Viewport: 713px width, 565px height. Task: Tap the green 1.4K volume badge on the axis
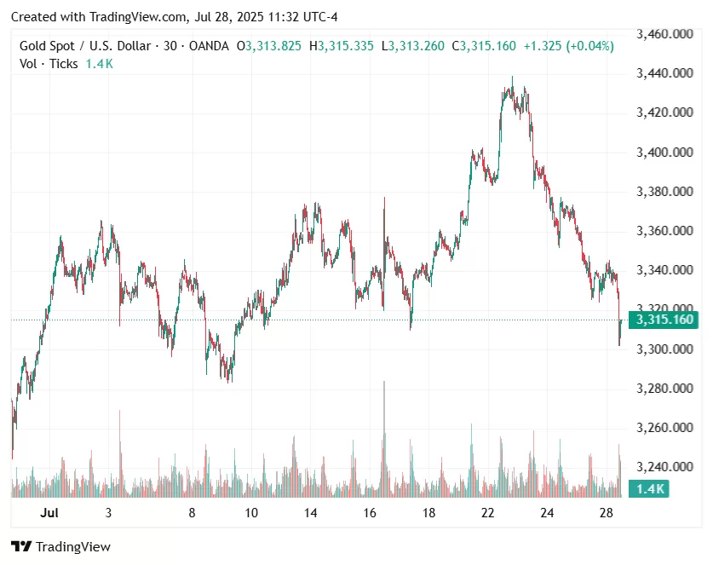pyautogui.click(x=648, y=488)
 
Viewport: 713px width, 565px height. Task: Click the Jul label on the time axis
pyautogui.click(x=49, y=513)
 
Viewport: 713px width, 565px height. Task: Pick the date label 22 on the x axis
pyautogui.click(x=487, y=513)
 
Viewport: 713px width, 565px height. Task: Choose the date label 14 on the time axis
pyautogui.click(x=310, y=513)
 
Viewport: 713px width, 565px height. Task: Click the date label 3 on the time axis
pyautogui.click(x=108, y=513)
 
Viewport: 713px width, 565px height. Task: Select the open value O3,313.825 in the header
pyautogui.click(x=268, y=46)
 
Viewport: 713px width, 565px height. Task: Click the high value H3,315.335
pyautogui.click(x=341, y=46)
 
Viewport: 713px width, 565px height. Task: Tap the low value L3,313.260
pyautogui.click(x=412, y=46)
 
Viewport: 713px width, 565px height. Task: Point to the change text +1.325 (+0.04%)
pyautogui.click(x=567, y=46)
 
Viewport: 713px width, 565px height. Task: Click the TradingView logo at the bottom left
pyautogui.click(x=60, y=547)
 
